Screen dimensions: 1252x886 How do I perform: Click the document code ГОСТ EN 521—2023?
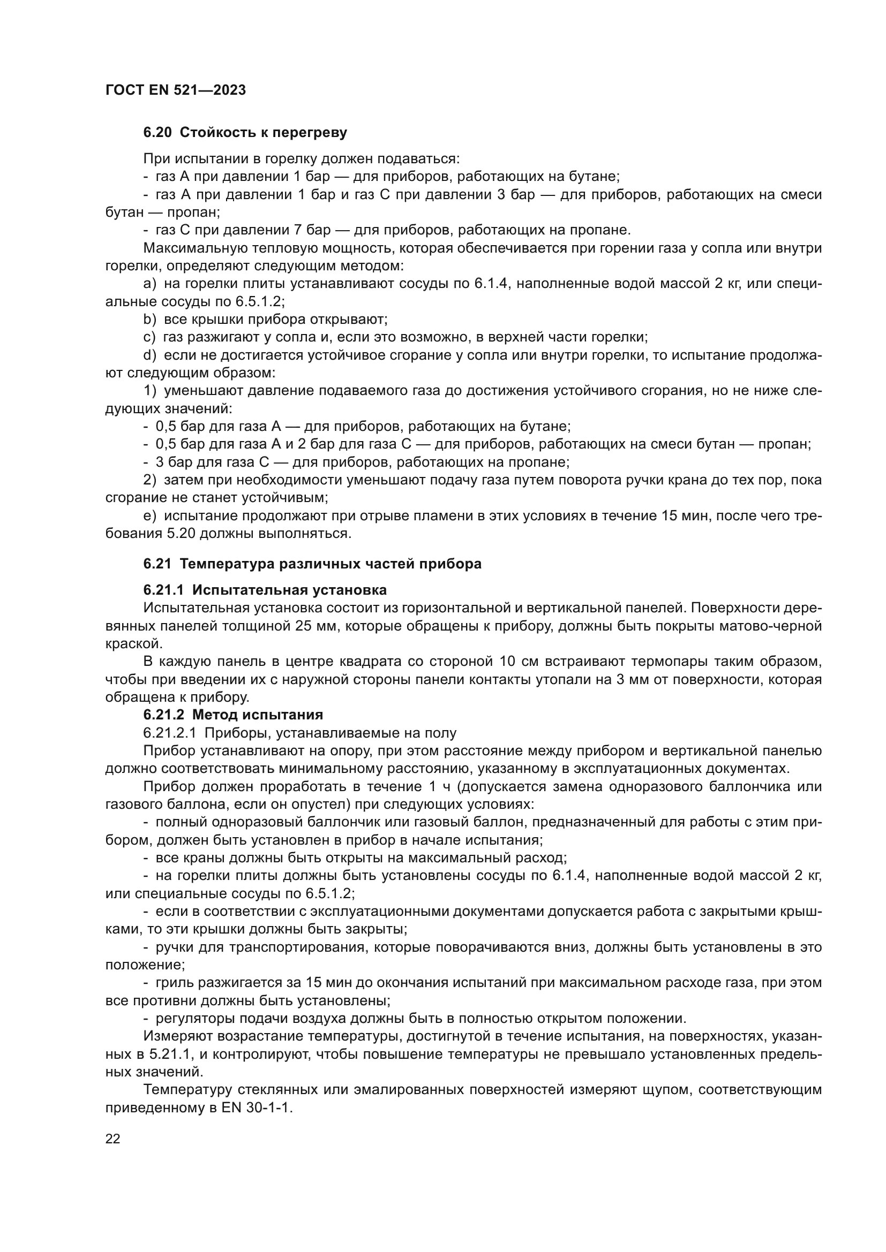coord(175,90)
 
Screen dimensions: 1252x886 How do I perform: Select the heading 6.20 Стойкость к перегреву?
coord(245,132)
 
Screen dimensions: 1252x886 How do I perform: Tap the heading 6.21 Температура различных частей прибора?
coord(312,564)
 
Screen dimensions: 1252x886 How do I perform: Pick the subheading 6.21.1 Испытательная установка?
coord(265,590)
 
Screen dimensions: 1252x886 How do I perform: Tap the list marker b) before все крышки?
coord(149,319)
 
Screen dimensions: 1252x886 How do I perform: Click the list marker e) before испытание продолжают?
coord(149,515)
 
